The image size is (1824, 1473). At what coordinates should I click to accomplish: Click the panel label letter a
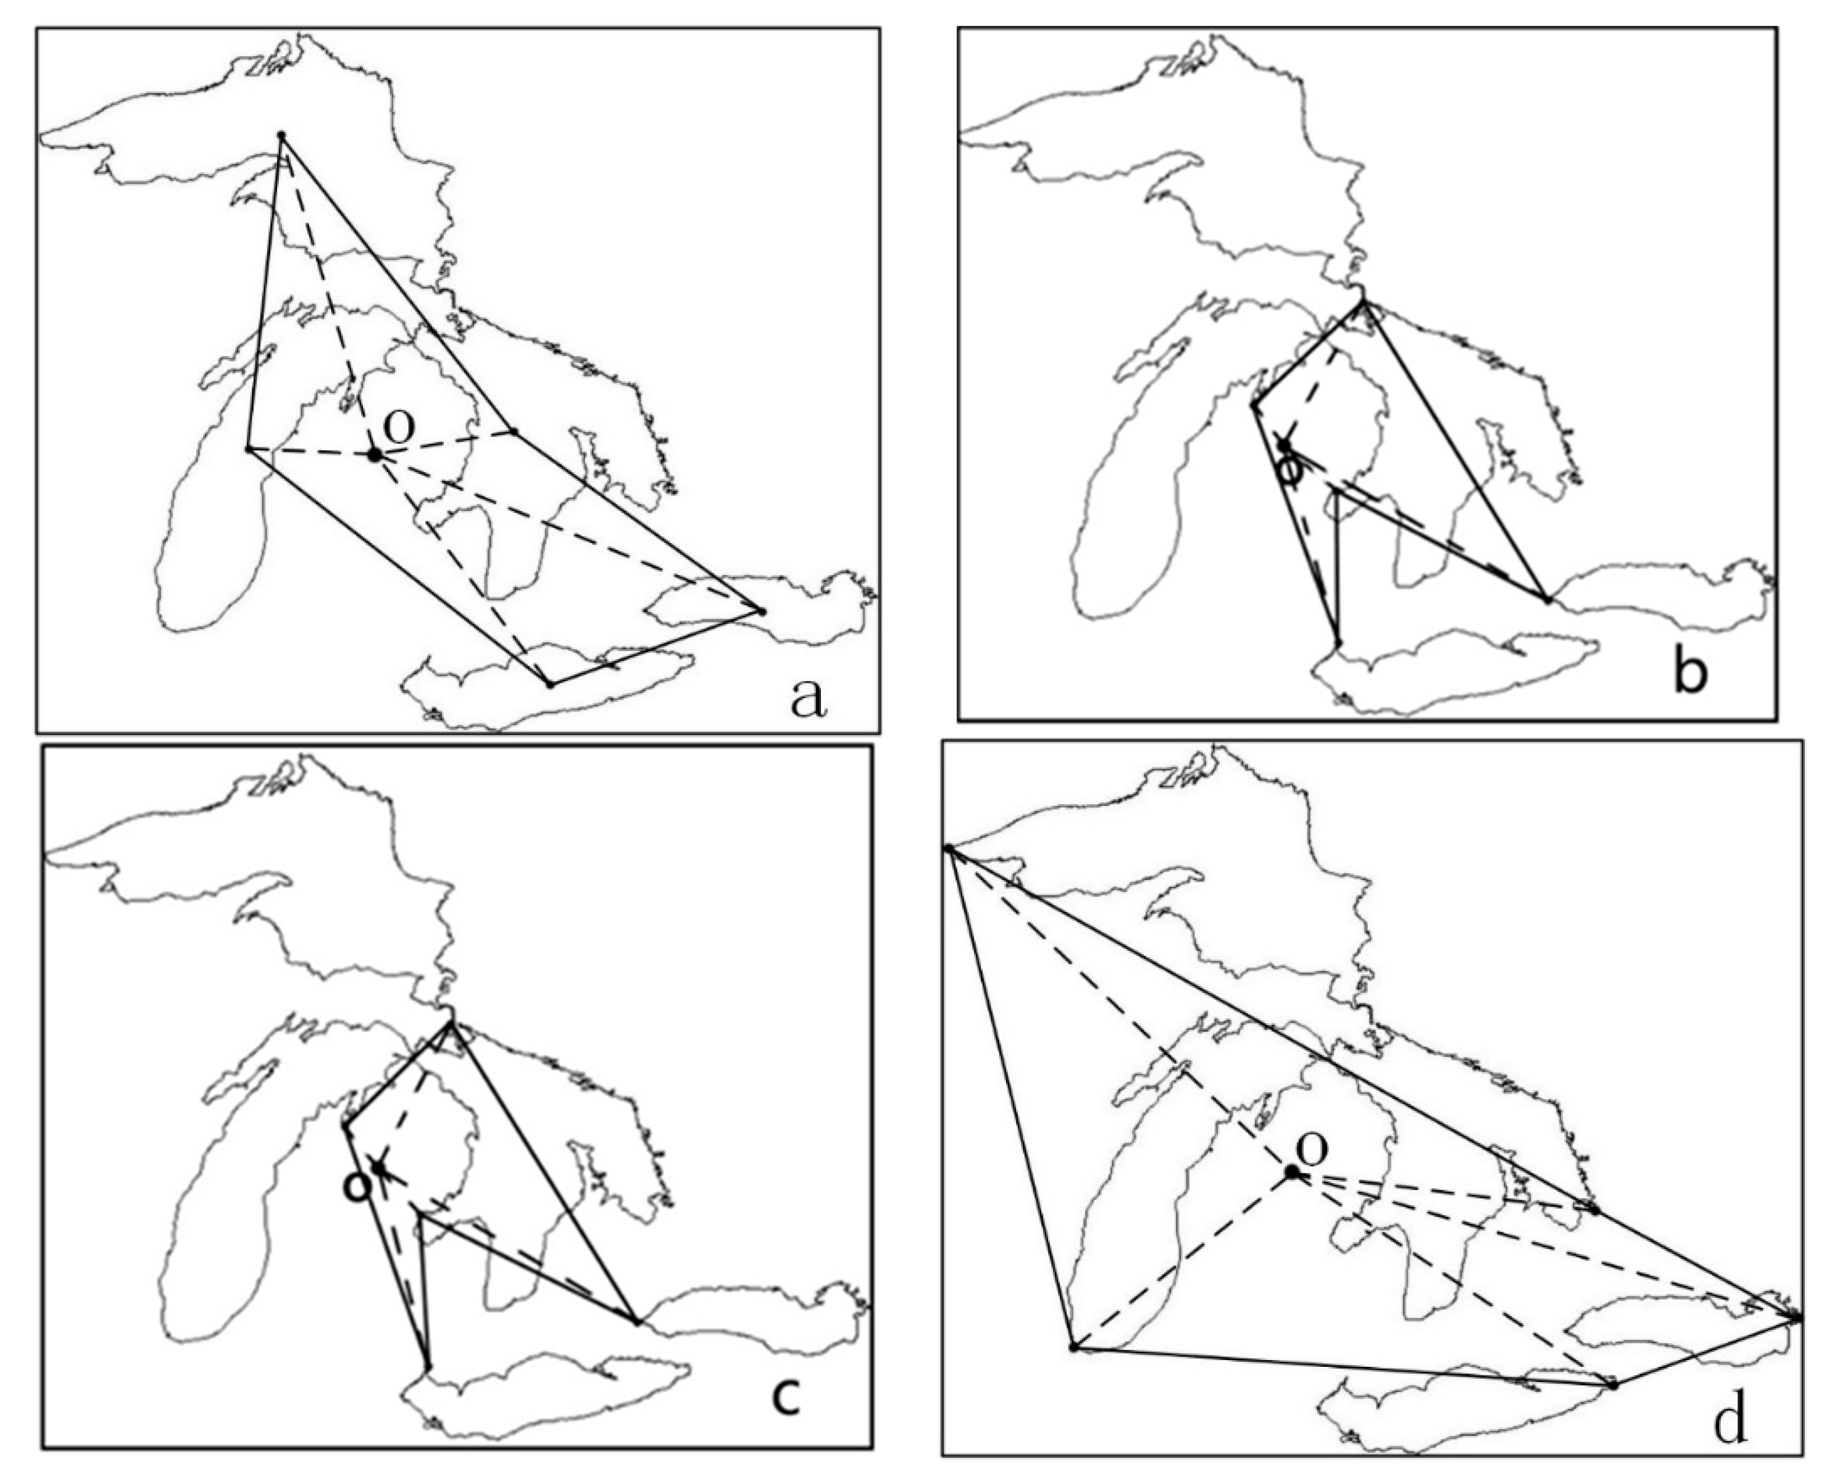(807, 699)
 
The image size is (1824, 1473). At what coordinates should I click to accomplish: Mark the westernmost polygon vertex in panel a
(249, 449)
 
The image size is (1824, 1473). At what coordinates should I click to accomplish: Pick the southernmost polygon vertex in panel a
(550, 684)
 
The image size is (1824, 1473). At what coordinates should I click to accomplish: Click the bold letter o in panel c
(357, 1186)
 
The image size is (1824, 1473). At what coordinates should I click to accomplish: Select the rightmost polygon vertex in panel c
(636, 1322)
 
